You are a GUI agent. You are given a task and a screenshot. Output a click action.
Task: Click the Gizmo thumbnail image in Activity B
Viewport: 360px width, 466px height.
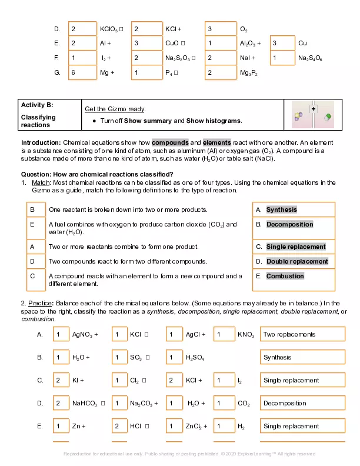pyautogui.click(x=313, y=114)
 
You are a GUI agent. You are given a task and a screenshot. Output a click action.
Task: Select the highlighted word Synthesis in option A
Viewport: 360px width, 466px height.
pyautogui.click(x=281, y=210)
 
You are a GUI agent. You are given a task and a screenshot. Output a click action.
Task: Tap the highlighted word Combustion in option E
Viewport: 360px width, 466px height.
pyautogui.click(x=285, y=276)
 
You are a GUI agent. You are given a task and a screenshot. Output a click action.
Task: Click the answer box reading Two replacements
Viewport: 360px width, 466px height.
pyautogui.click(x=302, y=334)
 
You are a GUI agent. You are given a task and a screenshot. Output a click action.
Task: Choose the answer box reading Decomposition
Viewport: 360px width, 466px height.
pyautogui.click(x=302, y=403)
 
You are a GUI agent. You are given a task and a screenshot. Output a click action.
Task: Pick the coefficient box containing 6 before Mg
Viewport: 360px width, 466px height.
pyautogui.click(x=83, y=73)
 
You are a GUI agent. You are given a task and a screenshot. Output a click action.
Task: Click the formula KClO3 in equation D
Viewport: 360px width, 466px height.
pyautogui.click(x=110, y=28)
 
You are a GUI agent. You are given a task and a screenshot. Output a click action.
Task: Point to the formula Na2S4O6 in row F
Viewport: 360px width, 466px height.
pyautogui.click(x=310, y=58)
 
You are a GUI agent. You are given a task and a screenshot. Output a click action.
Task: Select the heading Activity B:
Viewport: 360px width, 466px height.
pyautogui.click(x=37, y=105)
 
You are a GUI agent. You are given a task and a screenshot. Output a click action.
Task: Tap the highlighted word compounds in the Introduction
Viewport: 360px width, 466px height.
pyautogui.click(x=170, y=143)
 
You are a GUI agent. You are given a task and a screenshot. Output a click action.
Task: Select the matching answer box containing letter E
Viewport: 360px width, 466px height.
pyautogui.click(x=36, y=224)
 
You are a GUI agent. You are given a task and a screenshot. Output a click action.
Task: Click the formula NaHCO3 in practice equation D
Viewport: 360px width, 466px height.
pyautogui.click(x=85, y=403)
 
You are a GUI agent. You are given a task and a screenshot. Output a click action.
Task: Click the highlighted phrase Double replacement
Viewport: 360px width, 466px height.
pyautogui.click(x=296, y=261)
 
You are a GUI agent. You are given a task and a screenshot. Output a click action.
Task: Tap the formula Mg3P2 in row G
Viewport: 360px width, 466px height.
pyautogui.click(x=248, y=73)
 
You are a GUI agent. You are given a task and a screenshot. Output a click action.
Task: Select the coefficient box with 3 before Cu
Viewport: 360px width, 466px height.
pyautogui.click(x=282, y=43)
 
